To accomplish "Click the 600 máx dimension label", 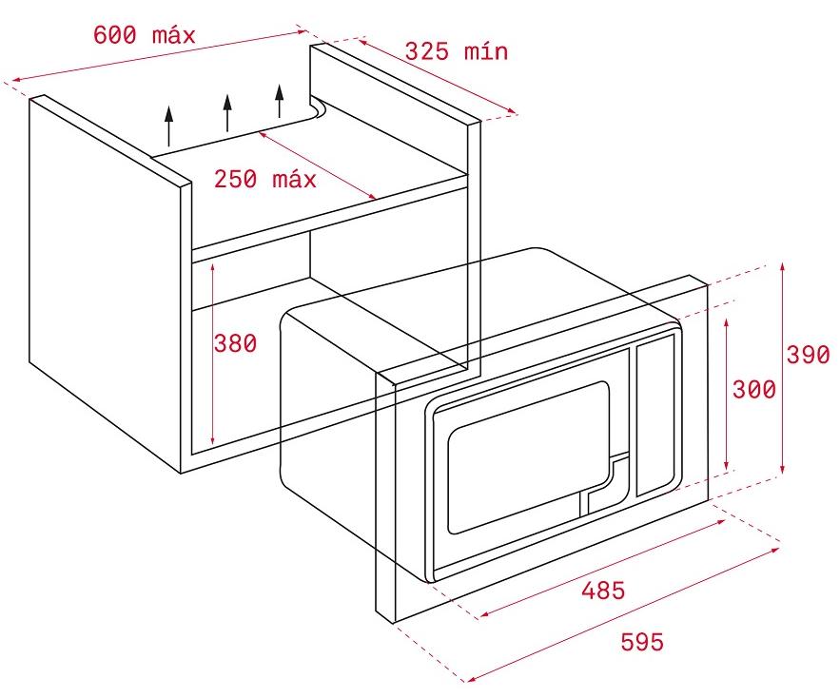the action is pos(144,35).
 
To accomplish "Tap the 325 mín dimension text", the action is pos(457,51).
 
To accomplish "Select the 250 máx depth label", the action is pos(265,179).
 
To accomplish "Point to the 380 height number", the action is pos(235,343).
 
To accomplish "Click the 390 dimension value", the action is pos(808,355).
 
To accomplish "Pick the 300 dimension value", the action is pos(754,390).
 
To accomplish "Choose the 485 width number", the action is pos(604,591).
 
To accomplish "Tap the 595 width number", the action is pos(642,641).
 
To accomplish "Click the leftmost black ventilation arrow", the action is pos(169,126).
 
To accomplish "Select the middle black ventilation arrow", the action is pos(227,113).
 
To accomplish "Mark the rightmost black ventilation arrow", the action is pos(279,101).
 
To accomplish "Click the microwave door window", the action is pos(528,457).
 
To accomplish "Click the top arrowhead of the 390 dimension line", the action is pos(783,266).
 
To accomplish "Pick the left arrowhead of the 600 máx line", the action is pos(16,80).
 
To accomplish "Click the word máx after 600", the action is pos(174,35).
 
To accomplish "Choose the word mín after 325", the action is pos(486,51).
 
